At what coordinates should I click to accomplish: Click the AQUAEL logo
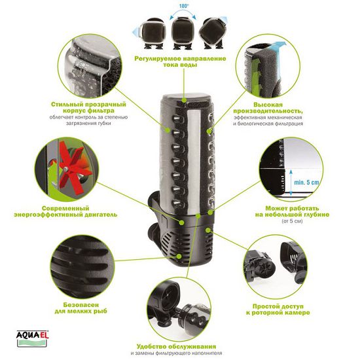(32, 338)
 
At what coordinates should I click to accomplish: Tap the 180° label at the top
(184, 6)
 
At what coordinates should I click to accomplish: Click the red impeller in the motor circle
(72, 167)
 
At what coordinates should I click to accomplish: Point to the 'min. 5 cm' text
(306, 183)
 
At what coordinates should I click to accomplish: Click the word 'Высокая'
(268, 105)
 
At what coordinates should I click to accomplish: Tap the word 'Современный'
(65, 208)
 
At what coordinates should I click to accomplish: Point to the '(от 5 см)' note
(292, 221)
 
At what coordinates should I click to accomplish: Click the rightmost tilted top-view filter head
(212, 33)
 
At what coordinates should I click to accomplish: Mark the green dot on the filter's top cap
(184, 100)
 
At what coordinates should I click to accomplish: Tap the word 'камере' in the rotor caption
(298, 313)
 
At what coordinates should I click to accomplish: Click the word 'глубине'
(314, 215)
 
